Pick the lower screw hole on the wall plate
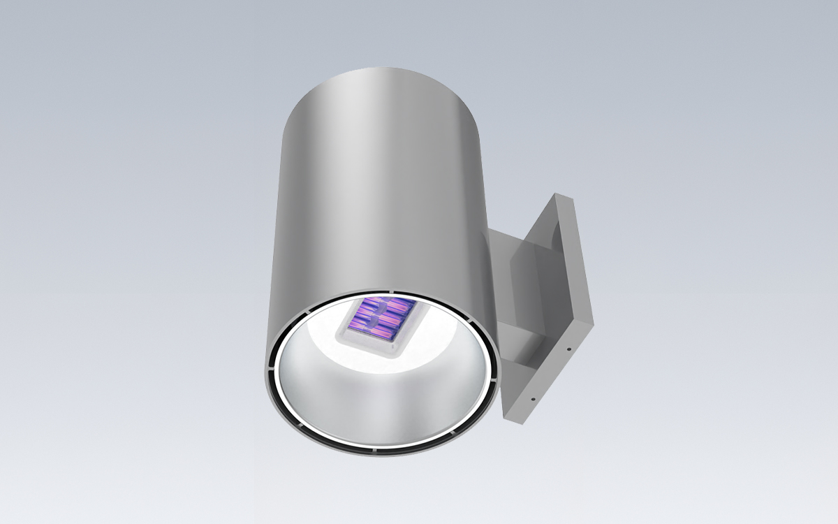(533, 400)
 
